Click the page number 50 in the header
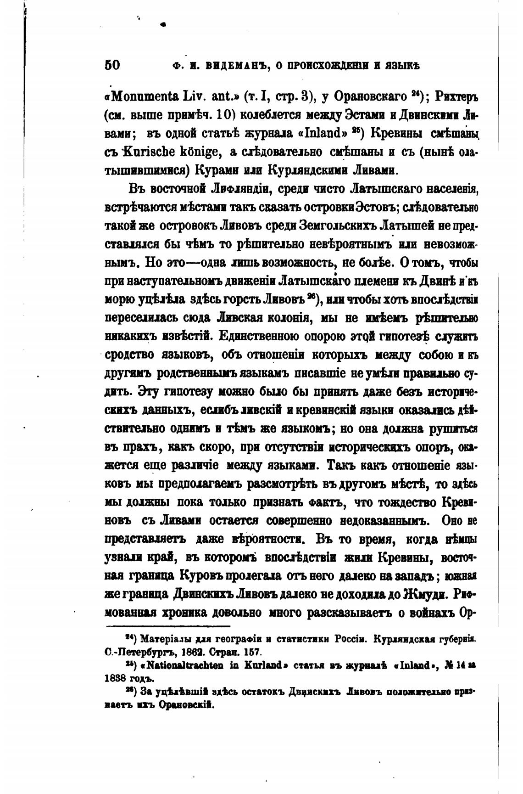click(112, 65)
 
